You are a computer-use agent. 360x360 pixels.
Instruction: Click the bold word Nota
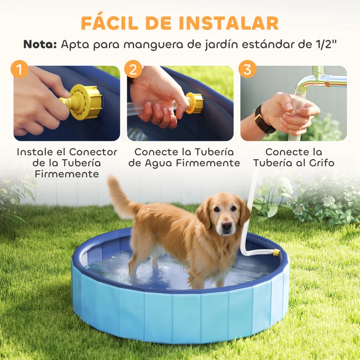(x=40, y=45)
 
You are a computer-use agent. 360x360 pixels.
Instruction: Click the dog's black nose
(x=226, y=225)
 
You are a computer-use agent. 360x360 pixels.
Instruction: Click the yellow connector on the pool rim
(x=275, y=252)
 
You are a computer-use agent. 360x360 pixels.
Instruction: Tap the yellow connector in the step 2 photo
(x=194, y=103)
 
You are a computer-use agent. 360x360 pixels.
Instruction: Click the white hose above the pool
(x=248, y=211)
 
